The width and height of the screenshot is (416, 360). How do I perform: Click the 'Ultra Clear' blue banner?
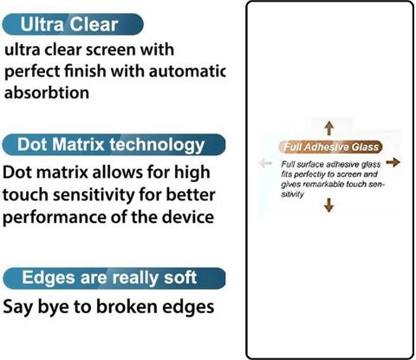pyautogui.click(x=73, y=24)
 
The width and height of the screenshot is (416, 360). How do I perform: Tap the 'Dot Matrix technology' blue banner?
pyautogui.click(x=114, y=145)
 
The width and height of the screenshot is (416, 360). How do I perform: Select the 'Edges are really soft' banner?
pyautogui.click(x=114, y=278)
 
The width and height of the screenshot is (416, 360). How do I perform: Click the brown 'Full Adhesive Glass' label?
pyautogui.click(x=331, y=147)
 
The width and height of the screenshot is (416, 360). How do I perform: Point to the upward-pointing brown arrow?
pyautogui.click(x=329, y=128)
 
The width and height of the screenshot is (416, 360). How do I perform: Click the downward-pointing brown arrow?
pyautogui.click(x=329, y=205)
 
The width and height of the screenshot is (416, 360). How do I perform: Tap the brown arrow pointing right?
pyautogui.click(x=393, y=162)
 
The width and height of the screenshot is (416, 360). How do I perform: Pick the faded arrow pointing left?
pyautogui.click(x=265, y=163)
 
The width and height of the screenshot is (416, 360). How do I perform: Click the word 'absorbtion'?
pyautogui.click(x=47, y=93)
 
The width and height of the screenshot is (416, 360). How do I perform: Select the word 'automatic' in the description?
pyautogui.click(x=187, y=71)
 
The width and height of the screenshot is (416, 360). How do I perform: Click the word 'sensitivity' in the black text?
pyautogui.click(x=94, y=194)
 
